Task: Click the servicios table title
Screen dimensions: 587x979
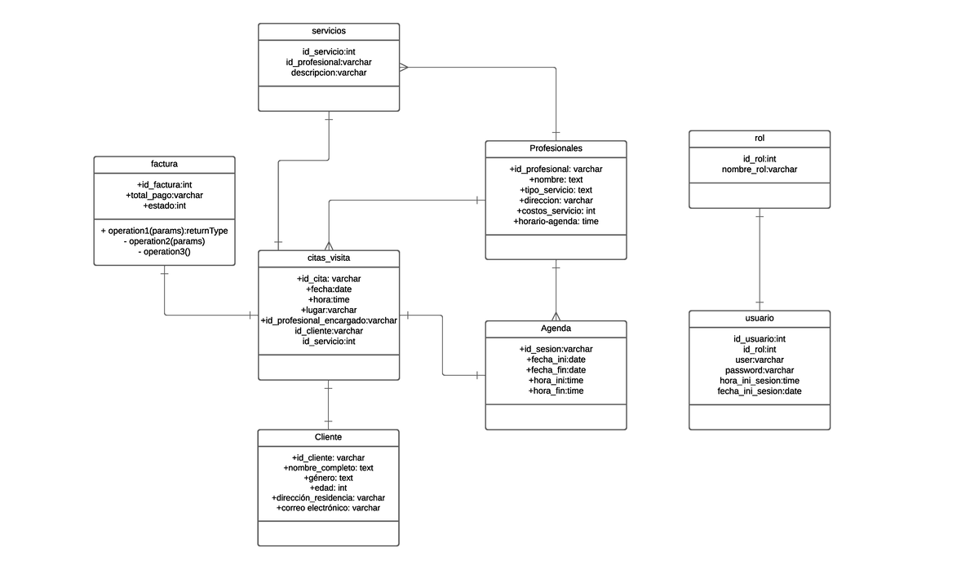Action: [x=329, y=31]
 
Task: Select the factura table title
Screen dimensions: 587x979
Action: [x=164, y=164]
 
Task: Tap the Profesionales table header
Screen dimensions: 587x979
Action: [x=556, y=148]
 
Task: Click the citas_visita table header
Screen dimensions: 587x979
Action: [x=329, y=258]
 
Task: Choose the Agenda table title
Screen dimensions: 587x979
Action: [x=556, y=328]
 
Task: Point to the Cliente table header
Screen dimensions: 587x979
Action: [x=328, y=437]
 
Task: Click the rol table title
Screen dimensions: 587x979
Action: [x=760, y=139]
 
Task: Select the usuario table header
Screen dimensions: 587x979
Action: [x=760, y=318]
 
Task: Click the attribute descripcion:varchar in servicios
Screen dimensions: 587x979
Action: [x=329, y=73]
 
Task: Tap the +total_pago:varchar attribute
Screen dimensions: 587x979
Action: [x=164, y=196]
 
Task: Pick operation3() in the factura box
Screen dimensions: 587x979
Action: [x=164, y=252]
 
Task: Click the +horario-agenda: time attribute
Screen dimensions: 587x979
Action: [x=556, y=221]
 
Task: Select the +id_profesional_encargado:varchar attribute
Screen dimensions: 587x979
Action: [x=329, y=320]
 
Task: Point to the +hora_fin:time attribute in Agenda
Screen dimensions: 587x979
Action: [x=556, y=391]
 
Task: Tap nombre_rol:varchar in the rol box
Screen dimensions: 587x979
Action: [x=760, y=170]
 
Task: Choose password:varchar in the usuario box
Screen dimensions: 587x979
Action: [x=760, y=370]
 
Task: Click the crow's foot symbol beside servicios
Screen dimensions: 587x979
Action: [x=404, y=68]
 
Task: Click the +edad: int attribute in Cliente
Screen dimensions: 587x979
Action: [x=328, y=488]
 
